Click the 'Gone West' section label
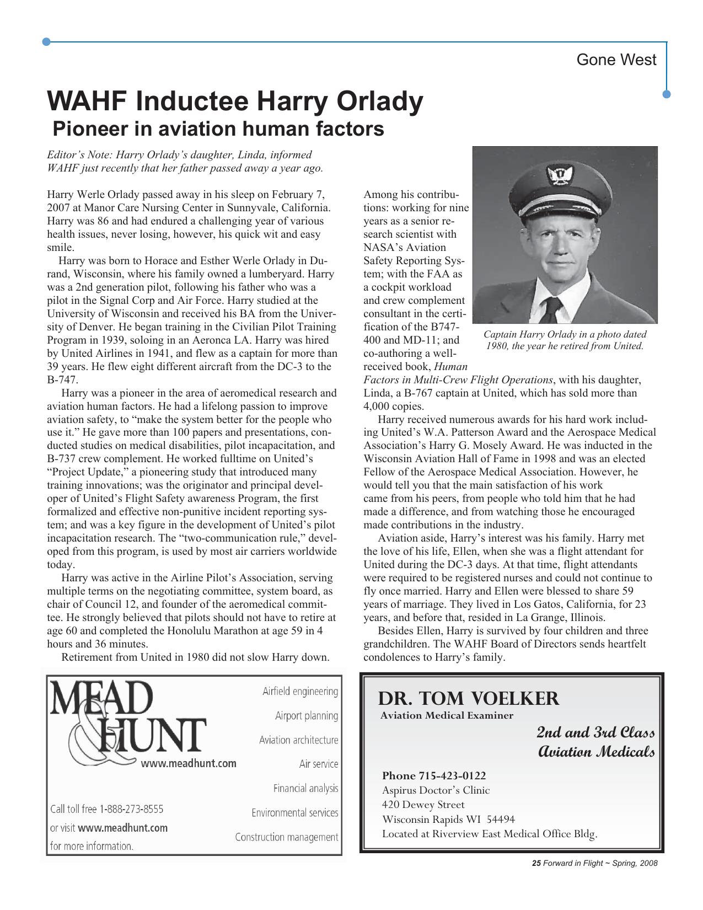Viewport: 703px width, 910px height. click(616, 60)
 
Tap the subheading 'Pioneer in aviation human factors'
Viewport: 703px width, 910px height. click(218, 129)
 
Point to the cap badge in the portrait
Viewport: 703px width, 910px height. click(557, 176)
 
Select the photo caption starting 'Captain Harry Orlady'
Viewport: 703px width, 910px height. click(565, 340)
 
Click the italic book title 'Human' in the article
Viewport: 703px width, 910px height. click(450, 367)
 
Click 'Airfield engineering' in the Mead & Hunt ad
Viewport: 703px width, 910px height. click(300, 692)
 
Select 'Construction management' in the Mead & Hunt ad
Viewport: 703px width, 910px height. click(286, 837)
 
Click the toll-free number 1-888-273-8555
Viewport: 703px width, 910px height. click(131, 809)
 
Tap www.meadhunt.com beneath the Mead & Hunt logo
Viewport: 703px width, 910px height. click(188, 764)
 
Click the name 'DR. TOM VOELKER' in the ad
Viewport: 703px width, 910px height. click(468, 699)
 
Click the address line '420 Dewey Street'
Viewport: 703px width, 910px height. click(423, 805)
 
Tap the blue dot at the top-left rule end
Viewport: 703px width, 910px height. click(47, 42)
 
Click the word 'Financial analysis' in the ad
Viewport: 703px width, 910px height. click(305, 789)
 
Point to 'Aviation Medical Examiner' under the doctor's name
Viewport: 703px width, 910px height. click(447, 716)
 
